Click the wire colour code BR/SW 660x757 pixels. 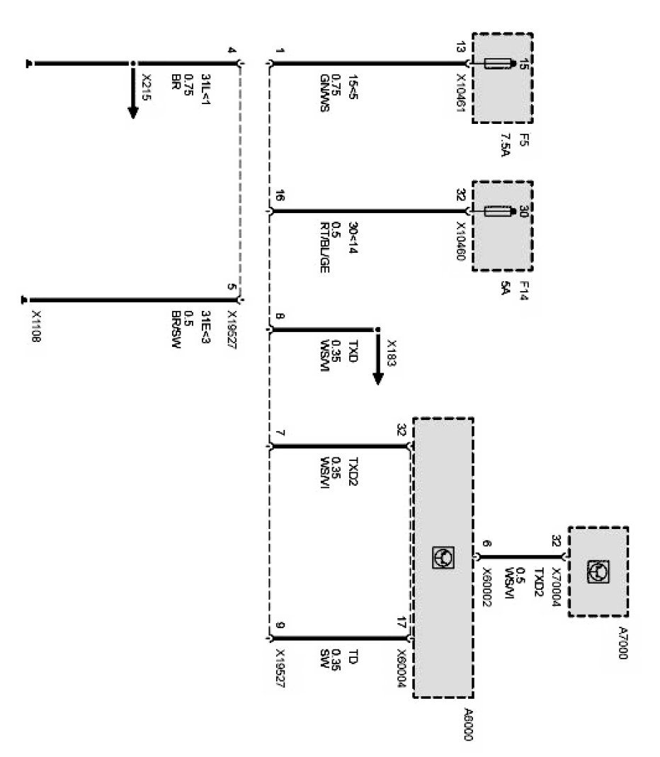[x=171, y=325]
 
